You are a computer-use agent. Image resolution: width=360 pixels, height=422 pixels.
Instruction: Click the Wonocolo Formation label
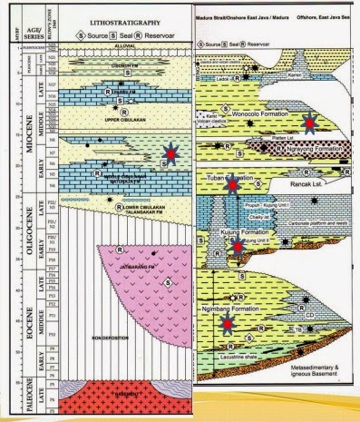point(270,115)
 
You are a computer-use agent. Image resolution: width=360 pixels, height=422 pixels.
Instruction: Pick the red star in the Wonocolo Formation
point(310,122)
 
